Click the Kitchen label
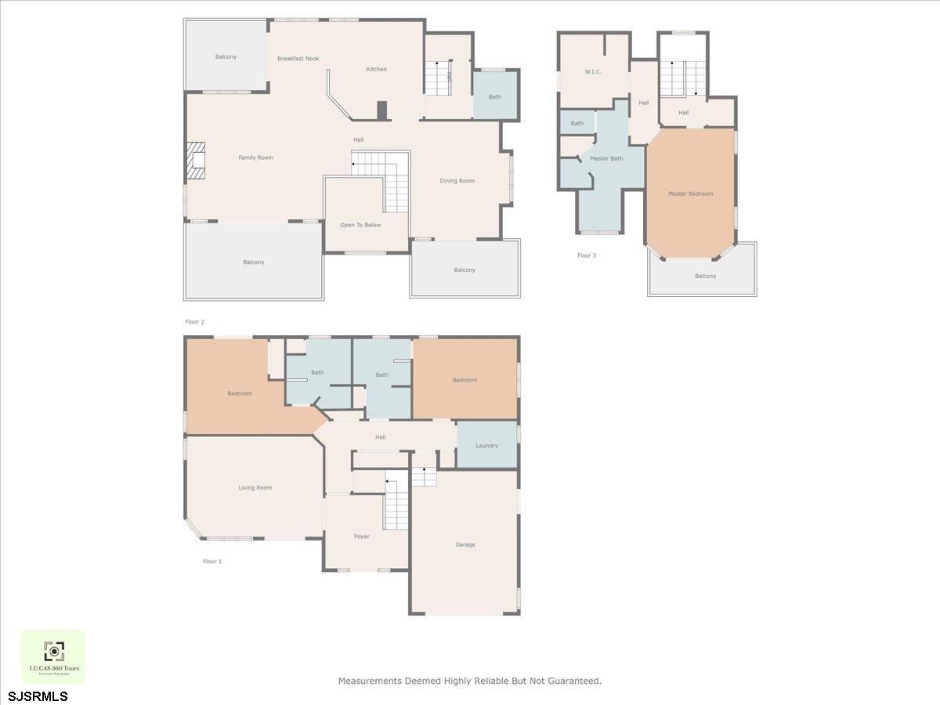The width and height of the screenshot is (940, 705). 377,69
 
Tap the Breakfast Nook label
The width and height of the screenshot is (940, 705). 298,59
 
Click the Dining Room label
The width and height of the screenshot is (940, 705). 457,181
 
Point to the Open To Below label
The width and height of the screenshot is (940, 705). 360,225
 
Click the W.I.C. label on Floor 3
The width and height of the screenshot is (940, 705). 592,71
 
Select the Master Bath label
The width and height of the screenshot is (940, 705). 606,159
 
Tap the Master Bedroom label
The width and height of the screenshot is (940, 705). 690,193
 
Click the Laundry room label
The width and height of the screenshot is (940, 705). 486,446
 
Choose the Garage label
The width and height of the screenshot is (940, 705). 465,544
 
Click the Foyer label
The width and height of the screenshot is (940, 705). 362,537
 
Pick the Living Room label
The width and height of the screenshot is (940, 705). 255,487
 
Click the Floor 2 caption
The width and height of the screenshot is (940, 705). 194,322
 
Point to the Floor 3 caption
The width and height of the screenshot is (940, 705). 587,255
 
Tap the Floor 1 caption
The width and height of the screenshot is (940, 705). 212,562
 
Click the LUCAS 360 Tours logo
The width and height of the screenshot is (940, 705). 53,656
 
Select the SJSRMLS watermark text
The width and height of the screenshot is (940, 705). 38,696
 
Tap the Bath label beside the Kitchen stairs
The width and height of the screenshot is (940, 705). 495,97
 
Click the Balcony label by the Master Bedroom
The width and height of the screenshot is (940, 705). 705,276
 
